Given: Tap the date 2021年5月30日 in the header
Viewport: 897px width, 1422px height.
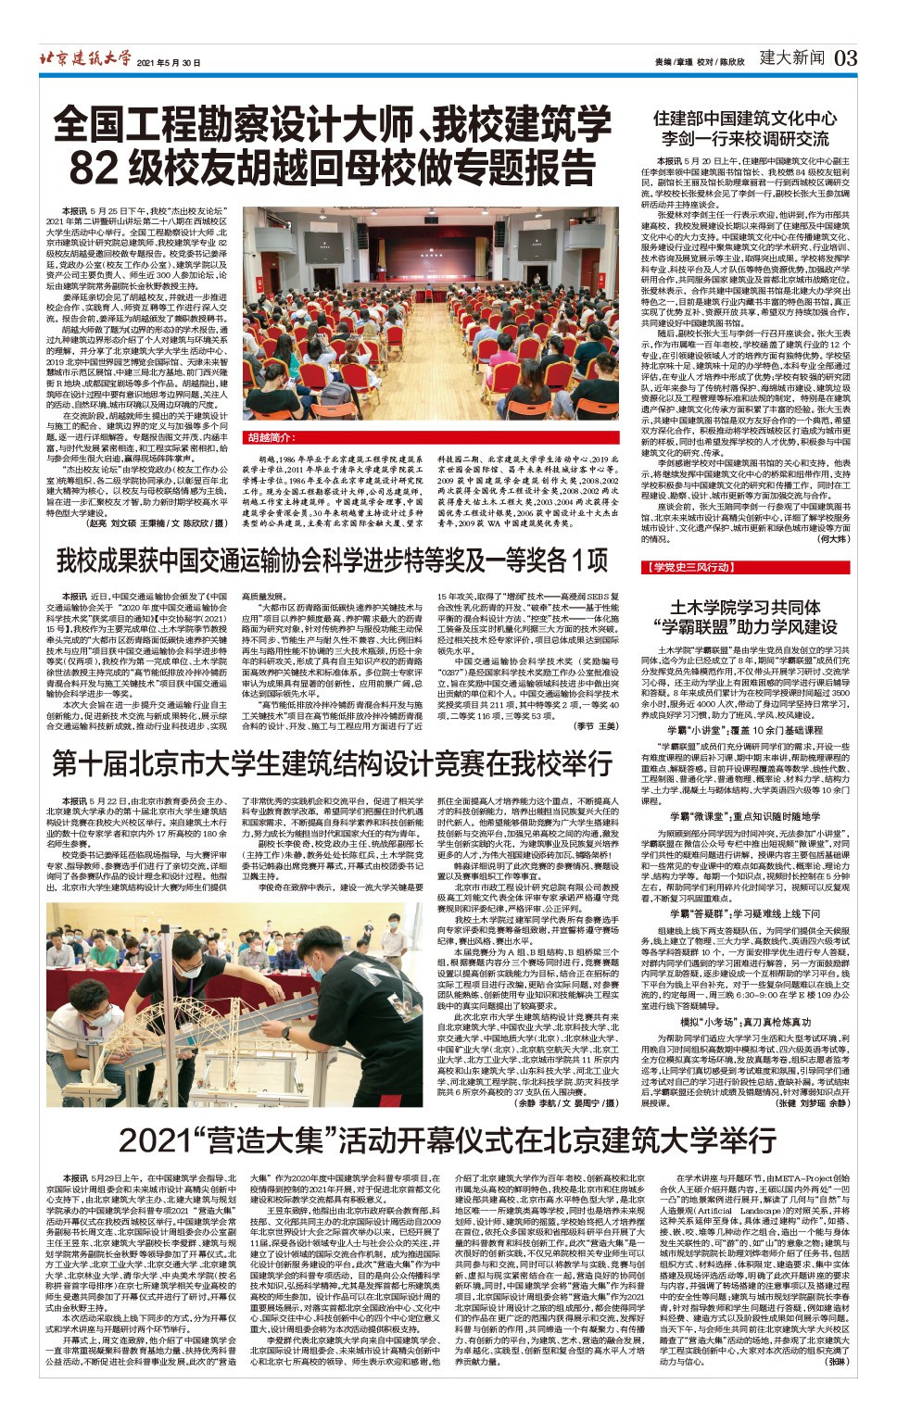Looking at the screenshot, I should pos(169,62).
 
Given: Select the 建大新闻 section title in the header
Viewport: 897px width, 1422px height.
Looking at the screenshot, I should pos(790,58).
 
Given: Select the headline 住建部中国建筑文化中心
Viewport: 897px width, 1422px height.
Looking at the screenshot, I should pos(744,120).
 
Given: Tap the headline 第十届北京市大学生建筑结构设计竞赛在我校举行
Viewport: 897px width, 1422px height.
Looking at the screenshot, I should pos(332,763).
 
